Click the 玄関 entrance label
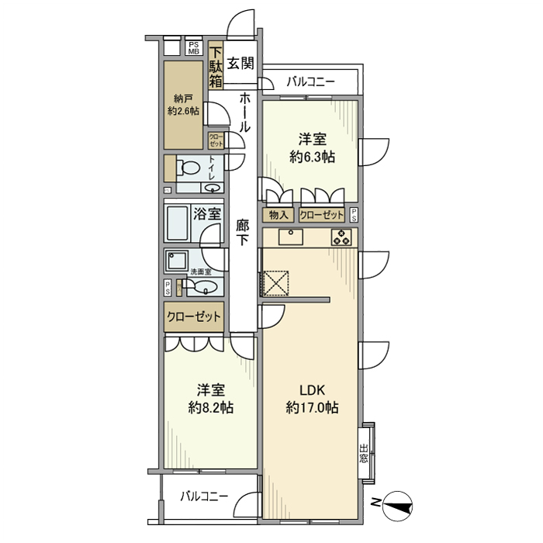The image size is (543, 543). pyautogui.click(x=240, y=64)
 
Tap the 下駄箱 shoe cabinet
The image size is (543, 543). pyautogui.click(x=216, y=66)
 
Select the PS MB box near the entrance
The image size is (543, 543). pyautogui.click(x=194, y=48)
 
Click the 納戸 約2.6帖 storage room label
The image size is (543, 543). pyautogui.click(x=183, y=105)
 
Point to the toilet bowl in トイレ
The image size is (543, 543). pyautogui.click(x=188, y=168)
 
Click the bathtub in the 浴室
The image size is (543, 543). pyautogui.click(x=177, y=223)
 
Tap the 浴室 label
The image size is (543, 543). pyautogui.click(x=207, y=214)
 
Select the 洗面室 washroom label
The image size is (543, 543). pyautogui.click(x=201, y=271)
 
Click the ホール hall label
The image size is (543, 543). pyautogui.click(x=244, y=112)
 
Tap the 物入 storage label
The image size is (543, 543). pyautogui.click(x=278, y=215)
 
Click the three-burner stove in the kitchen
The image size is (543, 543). pyautogui.click(x=341, y=237)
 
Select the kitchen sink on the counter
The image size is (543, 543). pyautogui.click(x=291, y=237)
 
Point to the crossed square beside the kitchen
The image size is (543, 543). pyautogui.click(x=276, y=283)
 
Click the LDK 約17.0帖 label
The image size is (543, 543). pyautogui.click(x=312, y=399)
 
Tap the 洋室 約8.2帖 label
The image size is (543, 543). pyautogui.click(x=211, y=399)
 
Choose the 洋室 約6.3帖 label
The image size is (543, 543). pyautogui.click(x=312, y=148)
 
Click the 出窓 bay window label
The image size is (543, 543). pyautogui.click(x=363, y=454)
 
